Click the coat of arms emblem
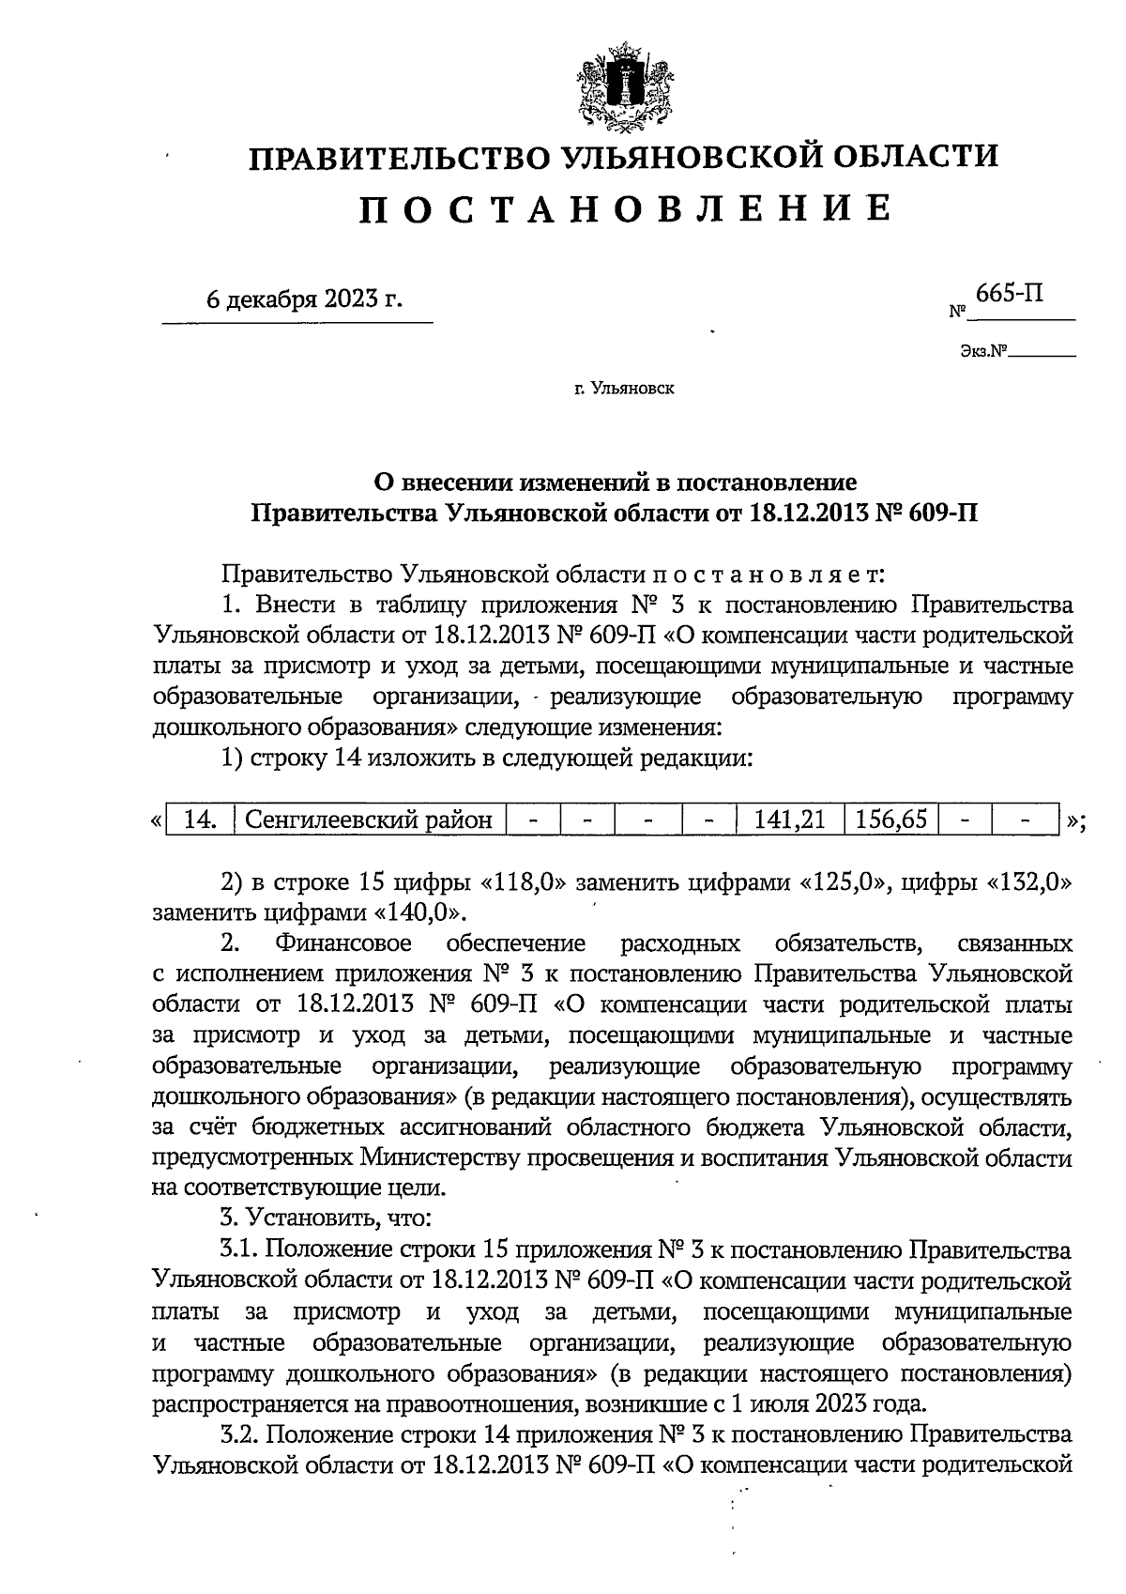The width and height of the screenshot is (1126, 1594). pyautogui.click(x=619, y=85)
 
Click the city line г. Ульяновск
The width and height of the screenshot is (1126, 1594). pyautogui.click(x=624, y=387)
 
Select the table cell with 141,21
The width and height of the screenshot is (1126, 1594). pyautogui.click(x=789, y=820)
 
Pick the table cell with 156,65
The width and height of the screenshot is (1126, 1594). pyautogui.click(x=890, y=820)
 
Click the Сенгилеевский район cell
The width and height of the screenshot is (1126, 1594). pyautogui.click(x=368, y=820)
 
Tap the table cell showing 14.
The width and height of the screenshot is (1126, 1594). pyautogui.click(x=202, y=820)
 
